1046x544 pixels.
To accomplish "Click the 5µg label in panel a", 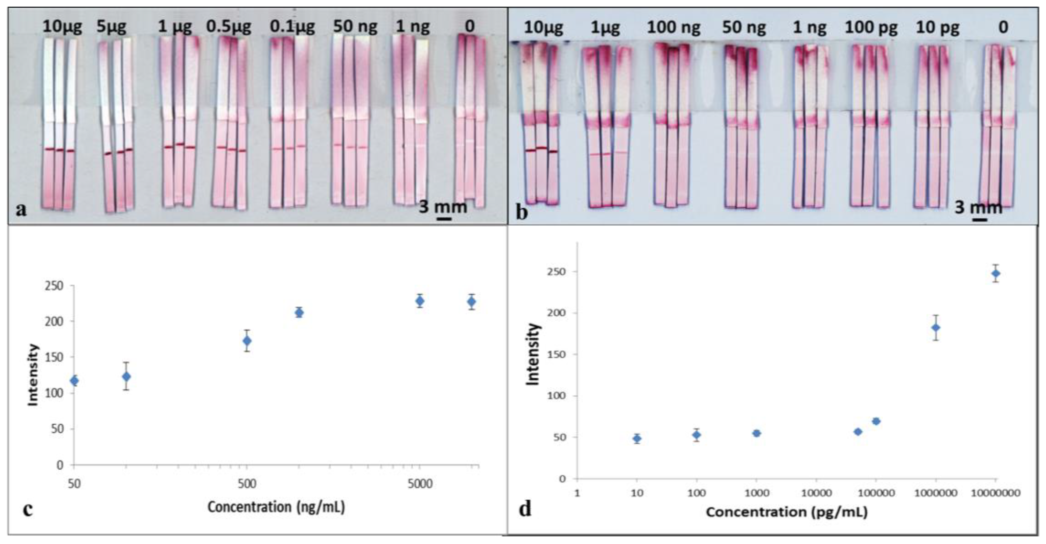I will click(112, 27).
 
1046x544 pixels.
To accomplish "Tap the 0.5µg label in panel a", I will click(229, 27).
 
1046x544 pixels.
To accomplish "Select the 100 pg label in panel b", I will click(871, 28).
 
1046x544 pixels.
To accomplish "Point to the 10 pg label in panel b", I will click(937, 28).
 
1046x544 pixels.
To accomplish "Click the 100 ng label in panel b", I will click(674, 28).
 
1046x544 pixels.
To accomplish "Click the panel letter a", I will click(21, 210).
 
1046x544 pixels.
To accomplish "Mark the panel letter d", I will click(525, 509).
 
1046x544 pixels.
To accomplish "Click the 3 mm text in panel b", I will click(978, 207).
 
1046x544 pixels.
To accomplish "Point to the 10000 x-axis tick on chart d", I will click(816, 493).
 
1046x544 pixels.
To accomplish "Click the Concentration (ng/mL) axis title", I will click(276, 507).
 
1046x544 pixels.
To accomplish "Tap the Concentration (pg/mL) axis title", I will click(786, 512).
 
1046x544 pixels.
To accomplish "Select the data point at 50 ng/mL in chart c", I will click(74, 381).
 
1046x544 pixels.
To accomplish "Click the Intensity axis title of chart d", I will click(533, 354).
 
